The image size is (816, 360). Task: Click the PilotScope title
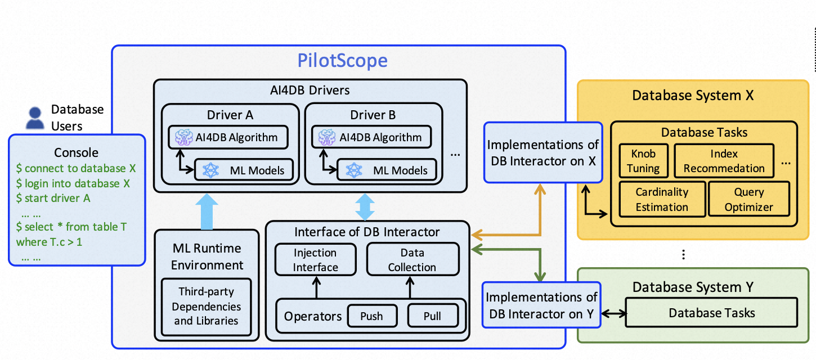point(343,60)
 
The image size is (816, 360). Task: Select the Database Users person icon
point(35,118)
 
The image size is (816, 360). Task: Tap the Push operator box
point(371,316)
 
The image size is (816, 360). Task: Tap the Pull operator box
point(432,316)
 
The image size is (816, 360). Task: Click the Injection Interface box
point(316,260)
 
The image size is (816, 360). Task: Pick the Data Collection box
point(412,260)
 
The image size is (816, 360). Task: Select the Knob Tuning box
point(643,160)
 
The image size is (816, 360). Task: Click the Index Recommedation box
point(724,160)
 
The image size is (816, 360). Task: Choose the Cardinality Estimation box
point(662,199)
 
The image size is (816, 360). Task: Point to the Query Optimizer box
point(748,199)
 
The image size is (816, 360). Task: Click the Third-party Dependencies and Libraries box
point(207,307)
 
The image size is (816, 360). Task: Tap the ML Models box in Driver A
point(244,170)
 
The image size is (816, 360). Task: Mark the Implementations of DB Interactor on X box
point(543,152)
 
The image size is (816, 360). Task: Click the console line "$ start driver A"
point(53,198)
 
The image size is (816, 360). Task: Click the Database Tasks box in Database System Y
point(712,313)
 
